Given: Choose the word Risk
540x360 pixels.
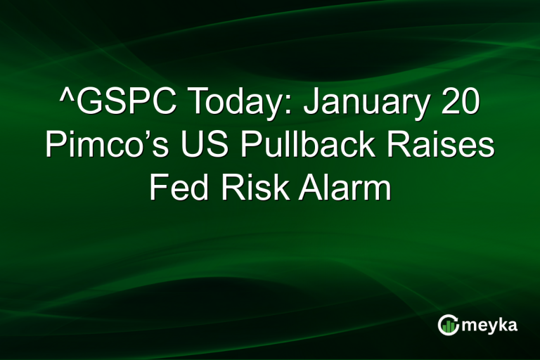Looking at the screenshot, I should pyautogui.click(x=245, y=189).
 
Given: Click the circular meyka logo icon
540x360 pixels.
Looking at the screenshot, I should pyautogui.click(x=448, y=324).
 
